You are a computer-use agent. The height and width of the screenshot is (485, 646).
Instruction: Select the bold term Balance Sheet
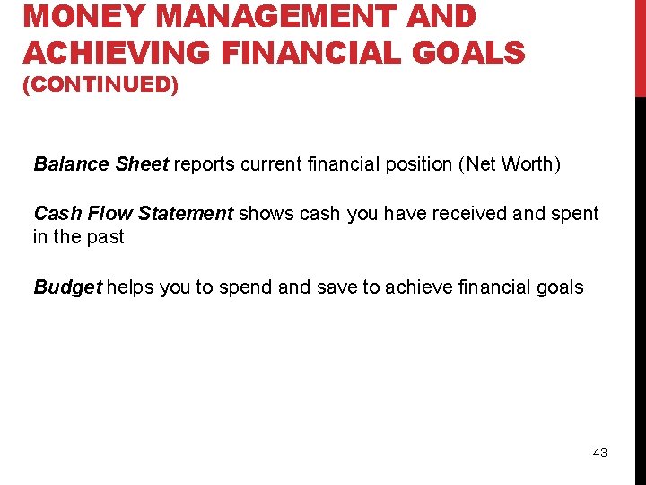coord(100,164)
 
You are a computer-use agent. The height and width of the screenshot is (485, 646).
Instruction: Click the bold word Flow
coord(109,214)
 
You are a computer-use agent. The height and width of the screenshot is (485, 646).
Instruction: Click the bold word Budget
coord(68,287)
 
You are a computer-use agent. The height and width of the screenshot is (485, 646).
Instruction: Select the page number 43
coord(599,453)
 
